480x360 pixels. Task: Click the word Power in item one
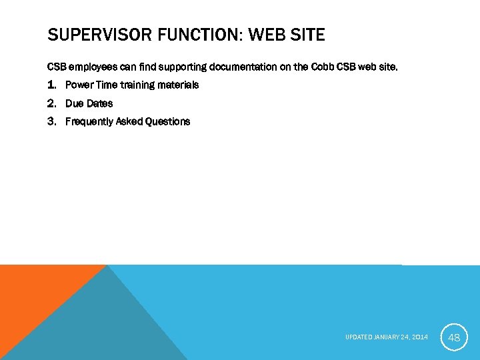click(x=78, y=85)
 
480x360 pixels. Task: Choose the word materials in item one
click(x=177, y=85)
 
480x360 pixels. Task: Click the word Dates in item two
click(x=99, y=103)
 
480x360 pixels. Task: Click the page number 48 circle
click(x=454, y=337)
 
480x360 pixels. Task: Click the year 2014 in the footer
click(x=420, y=337)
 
